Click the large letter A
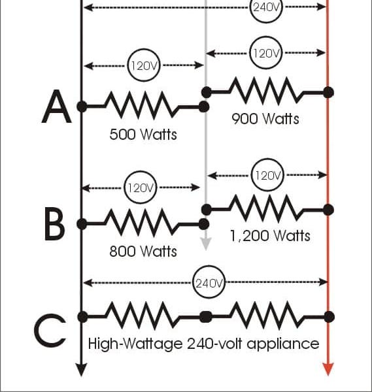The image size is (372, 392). [56, 107]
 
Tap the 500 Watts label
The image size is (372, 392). [143, 135]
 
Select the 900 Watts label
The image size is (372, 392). [265, 118]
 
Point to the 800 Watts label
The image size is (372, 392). [143, 251]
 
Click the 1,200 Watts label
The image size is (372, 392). [270, 235]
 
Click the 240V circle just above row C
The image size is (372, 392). [209, 282]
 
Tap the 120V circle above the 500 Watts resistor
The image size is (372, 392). [144, 65]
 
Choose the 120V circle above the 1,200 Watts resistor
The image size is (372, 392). [267, 174]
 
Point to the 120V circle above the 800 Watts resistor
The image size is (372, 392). [140, 188]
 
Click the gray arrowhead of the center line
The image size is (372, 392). [206, 244]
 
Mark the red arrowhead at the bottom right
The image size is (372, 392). [328, 369]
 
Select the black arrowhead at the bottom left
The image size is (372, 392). [81, 370]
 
